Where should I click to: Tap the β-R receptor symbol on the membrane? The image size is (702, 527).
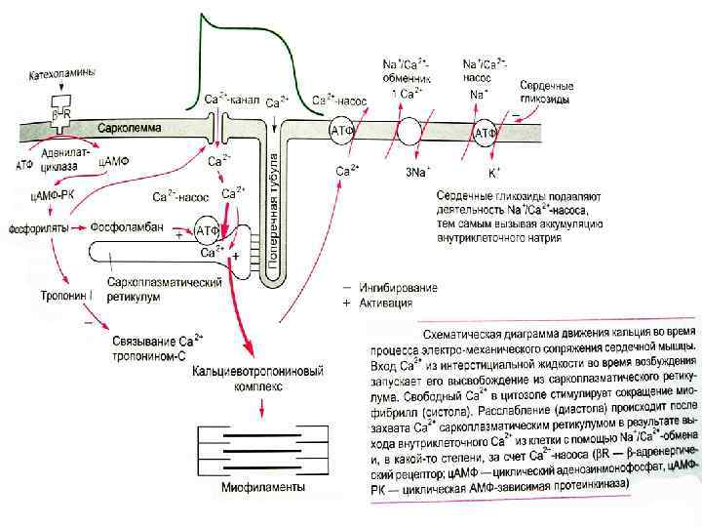coord(61,115)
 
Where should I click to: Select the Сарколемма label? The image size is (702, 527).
coord(130,128)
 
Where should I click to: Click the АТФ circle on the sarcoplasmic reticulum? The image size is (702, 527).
coord(207,230)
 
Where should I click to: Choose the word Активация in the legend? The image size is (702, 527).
coord(386,303)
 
